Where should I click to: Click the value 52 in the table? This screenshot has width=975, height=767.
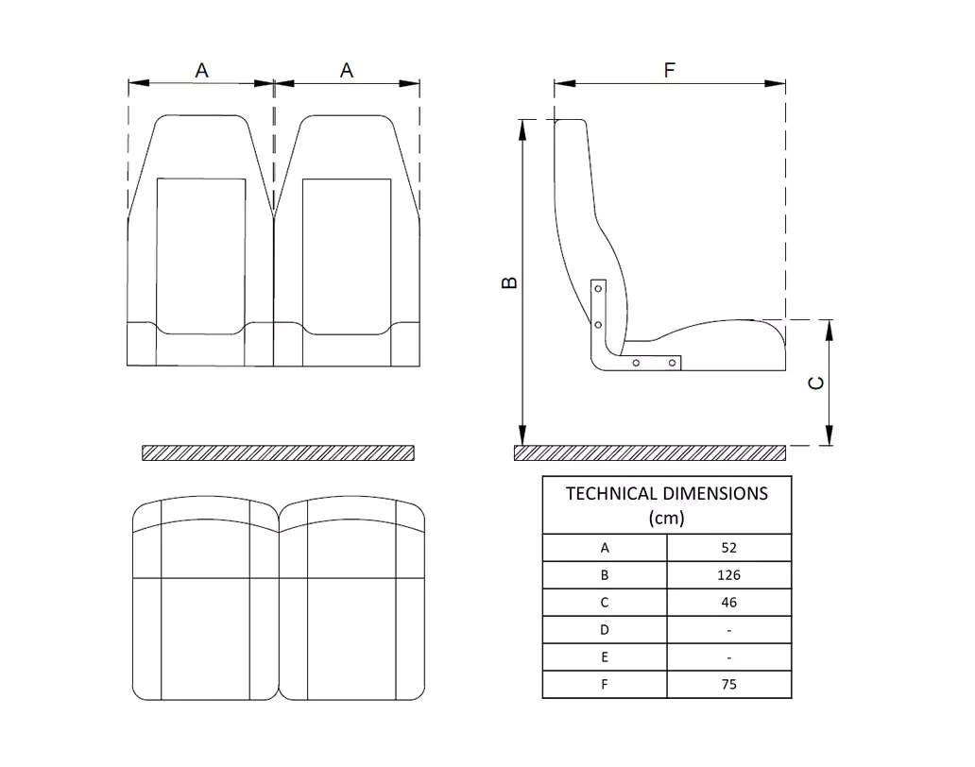[727, 547]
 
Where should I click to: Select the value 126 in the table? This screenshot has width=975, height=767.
[727, 574]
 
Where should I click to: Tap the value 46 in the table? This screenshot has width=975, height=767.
[727, 602]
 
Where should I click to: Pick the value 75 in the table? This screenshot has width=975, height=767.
[727, 684]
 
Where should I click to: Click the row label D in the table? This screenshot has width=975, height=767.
[605, 629]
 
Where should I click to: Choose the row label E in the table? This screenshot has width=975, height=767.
[605, 656]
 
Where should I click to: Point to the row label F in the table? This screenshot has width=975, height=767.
[605, 684]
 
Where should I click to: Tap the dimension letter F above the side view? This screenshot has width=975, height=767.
[669, 71]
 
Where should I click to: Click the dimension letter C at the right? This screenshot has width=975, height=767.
[817, 383]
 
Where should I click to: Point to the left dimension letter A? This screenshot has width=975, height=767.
[201, 71]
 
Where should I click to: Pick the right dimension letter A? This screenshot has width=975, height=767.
[347, 71]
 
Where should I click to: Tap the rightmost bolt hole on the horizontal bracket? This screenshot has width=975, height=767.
[673, 362]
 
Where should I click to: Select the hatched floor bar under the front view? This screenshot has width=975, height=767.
[278, 452]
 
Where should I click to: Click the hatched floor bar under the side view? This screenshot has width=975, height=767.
[650, 452]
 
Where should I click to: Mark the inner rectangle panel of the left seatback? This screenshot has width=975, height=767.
[200, 255]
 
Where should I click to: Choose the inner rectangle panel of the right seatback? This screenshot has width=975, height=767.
[346, 255]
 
